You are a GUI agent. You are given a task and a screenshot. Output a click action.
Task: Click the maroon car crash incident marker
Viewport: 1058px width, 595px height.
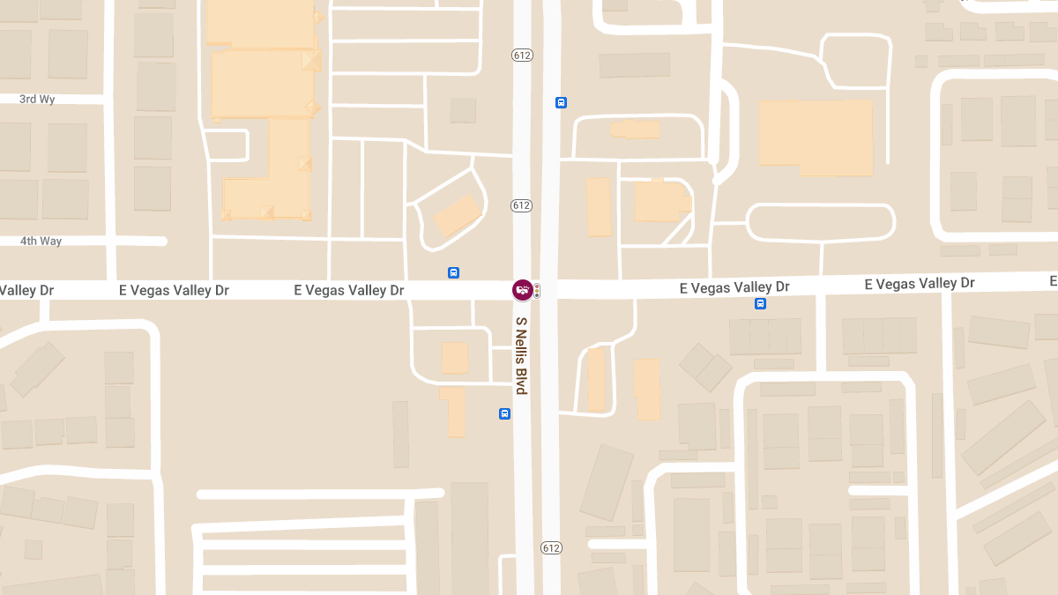click(523, 290)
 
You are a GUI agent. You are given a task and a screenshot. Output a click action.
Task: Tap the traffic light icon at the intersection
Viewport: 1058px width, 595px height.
click(536, 290)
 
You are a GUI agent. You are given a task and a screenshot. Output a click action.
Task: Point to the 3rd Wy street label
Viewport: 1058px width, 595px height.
click(37, 100)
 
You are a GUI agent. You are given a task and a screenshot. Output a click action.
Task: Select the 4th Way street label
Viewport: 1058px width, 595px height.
click(41, 241)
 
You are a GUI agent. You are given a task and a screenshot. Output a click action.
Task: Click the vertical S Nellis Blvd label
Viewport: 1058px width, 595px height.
click(521, 355)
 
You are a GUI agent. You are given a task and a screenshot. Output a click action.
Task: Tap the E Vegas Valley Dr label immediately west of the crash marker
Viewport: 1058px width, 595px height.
click(349, 290)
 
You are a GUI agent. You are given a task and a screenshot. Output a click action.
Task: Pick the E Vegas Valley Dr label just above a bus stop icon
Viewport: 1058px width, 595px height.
click(734, 287)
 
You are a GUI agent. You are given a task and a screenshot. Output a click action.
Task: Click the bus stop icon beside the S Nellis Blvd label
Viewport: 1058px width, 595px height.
click(504, 413)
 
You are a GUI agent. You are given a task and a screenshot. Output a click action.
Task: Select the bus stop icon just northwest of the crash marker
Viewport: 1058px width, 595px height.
click(453, 273)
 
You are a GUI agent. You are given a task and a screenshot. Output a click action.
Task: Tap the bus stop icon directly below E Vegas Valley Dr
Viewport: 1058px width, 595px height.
click(760, 304)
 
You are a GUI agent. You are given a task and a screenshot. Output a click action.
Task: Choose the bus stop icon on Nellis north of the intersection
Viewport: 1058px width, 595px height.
click(561, 103)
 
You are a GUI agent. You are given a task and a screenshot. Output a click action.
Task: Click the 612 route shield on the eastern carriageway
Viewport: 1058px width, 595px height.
click(551, 548)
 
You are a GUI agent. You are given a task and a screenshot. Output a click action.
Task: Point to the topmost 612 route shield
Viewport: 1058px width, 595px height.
click(521, 56)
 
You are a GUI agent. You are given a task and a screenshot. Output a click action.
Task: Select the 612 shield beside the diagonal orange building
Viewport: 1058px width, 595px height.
click(521, 205)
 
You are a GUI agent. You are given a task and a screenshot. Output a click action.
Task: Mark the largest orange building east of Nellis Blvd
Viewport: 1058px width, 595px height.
click(816, 137)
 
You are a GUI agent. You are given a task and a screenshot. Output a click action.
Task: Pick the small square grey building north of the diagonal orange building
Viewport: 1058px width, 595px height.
click(463, 110)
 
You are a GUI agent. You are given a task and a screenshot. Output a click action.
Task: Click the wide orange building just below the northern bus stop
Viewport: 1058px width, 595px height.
click(635, 130)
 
